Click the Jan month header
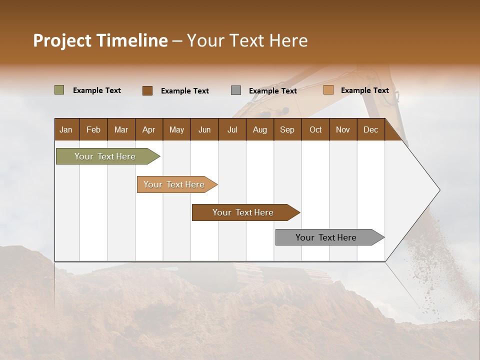coord(66,129)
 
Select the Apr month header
coord(148,129)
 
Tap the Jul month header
coord(232,129)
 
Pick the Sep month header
coord(287,129)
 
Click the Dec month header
coord(370,129)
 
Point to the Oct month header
coord(315,129)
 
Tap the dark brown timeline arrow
coord(243,212)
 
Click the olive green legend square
coord(59,90)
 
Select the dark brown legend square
coord(147,90)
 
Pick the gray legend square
coord(236,90)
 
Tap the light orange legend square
coord(328,90)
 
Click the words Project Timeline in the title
coord(100,40)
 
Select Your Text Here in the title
coord(247,40)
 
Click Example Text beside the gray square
coord(272,90)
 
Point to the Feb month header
coord(93,129)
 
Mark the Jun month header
coord(204,129)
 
